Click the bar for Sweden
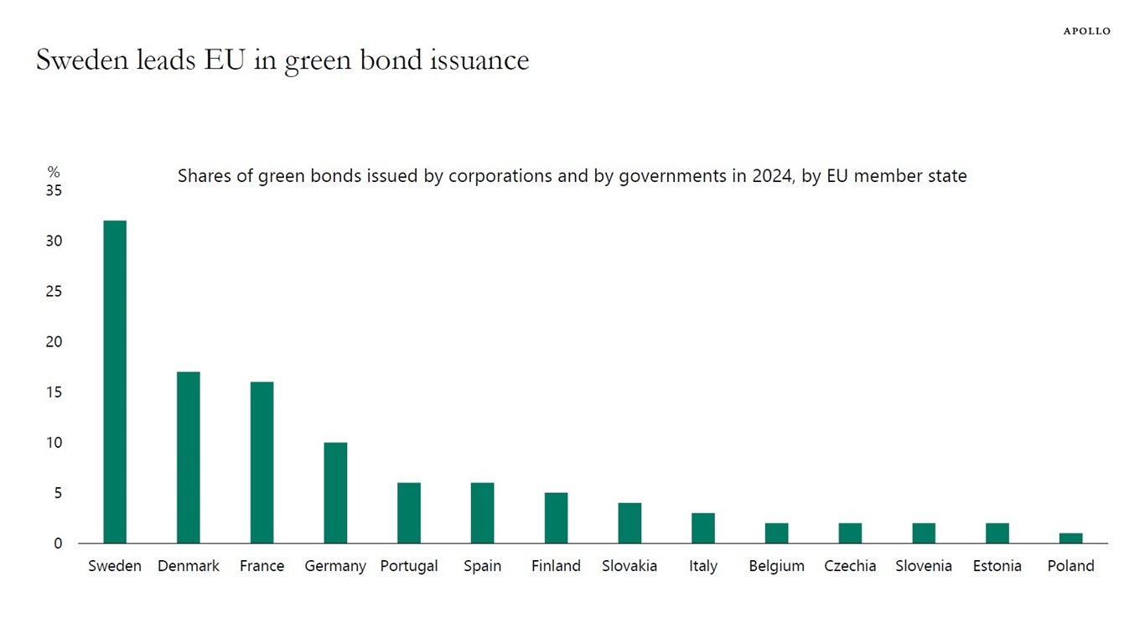coord(115,382)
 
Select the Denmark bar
coord(189,457)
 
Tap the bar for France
coord(262,462)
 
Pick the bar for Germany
coord(335,492)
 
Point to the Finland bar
coord(556,517)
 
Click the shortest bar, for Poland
coord(1070,538)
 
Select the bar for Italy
coord(703,527)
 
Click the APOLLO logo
coord(1086,31)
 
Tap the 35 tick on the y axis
coord(54,191)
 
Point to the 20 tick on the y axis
coord(54,342)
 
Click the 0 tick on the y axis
coord(58,543)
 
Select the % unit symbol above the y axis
coord(54,172)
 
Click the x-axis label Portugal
coord(409,566)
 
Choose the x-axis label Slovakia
coord(629,566)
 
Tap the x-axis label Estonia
coord(997,566)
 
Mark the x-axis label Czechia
coord(850,566)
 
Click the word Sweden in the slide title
coord(80,60)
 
